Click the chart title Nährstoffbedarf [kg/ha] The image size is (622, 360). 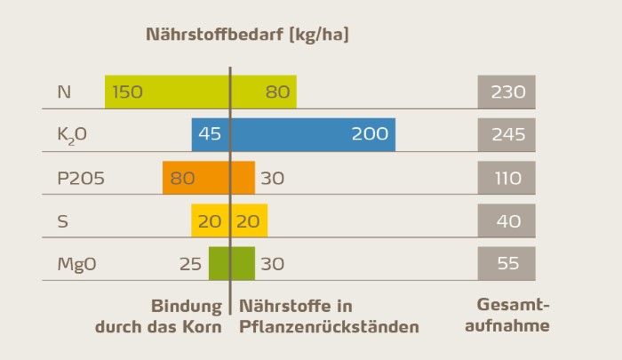point(248,36)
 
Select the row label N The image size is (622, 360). point(64,92)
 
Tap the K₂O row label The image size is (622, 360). point(72,135)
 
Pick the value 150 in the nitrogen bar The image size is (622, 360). point(127,92)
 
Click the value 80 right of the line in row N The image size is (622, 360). point(278,92)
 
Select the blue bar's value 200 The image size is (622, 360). point(370,134)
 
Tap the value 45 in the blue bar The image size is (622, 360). point(210,134)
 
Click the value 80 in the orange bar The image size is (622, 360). point(182,178)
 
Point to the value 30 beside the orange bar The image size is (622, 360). point(273,178)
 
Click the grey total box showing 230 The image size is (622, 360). point(506,92)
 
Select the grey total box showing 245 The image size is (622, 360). point(506,134)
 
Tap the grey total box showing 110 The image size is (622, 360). point(506,178)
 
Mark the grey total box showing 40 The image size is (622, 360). point(506,220)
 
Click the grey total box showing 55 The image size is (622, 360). point(506,264)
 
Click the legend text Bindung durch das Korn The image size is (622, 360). point(159,316)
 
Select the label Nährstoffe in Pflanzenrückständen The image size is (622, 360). point(329,316)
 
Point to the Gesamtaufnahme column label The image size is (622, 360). point(514,316)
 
